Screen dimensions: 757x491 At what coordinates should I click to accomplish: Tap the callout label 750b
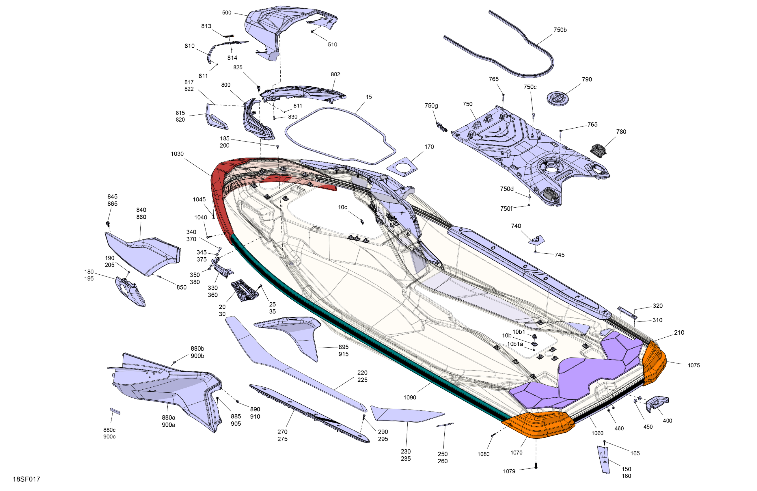click(x=560, y=30)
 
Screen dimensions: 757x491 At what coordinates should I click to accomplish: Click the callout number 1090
click(x=410, y=397)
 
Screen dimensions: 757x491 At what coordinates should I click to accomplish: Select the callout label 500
click(x=226, y=13)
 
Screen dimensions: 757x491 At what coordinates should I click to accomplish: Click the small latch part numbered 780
click(x=598, y=149)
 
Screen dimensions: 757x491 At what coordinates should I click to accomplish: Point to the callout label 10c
click(x=343, y=207)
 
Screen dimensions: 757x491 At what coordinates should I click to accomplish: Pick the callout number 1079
click(x=509, y=471)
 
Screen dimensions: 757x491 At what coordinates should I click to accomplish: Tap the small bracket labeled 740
click(x=537, y=240)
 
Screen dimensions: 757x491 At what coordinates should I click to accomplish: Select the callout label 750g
click(x=431, y=105)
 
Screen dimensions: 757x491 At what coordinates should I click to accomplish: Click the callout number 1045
click(x=199, y=200)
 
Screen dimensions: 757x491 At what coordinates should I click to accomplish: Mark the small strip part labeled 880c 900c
click(x=115, y=411)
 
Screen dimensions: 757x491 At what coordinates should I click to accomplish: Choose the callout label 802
click(x=335, y=74)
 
